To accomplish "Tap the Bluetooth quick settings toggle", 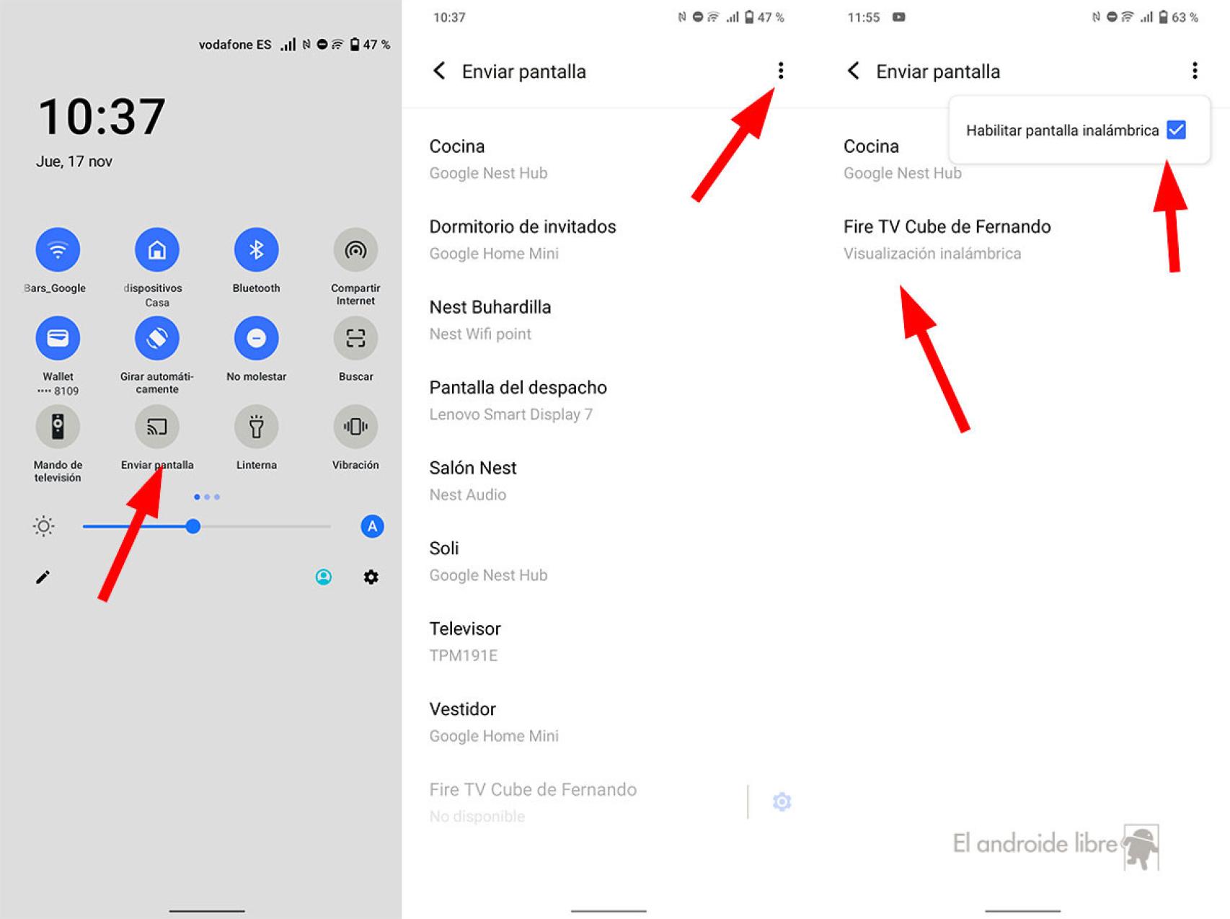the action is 256,250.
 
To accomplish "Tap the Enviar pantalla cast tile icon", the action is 157,427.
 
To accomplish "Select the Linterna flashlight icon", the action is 256,427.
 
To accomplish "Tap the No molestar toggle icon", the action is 256,338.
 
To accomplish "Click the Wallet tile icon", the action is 58,338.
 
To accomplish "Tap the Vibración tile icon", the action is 355,427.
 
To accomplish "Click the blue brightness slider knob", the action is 193,526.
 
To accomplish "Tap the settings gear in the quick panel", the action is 371,577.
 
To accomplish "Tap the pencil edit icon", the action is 43,577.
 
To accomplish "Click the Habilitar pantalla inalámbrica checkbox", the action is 1176,130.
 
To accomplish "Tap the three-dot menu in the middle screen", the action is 780,70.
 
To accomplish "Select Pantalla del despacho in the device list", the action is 518,388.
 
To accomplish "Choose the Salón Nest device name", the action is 473,469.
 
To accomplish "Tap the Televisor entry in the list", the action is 465,629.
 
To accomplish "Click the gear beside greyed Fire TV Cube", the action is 782,802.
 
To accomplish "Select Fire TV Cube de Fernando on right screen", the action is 947,227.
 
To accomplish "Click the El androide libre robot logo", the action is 1141,848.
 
